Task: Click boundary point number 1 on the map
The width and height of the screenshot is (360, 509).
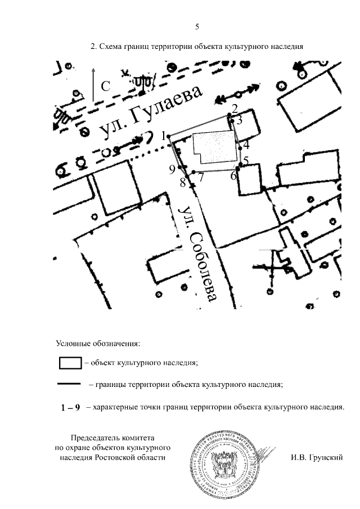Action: click(169, 136)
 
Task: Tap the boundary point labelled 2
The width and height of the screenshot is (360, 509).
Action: click(229, 115)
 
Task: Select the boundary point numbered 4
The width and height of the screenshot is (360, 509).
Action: click(240, 147)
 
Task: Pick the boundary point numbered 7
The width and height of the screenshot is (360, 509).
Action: click(193, 172)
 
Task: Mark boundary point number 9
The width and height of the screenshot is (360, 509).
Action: click(180, 168)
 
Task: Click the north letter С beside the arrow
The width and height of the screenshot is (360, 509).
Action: click(106, 86)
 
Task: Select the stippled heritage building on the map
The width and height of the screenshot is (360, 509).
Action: click(214, 150)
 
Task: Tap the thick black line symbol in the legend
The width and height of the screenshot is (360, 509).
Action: click(70, 385)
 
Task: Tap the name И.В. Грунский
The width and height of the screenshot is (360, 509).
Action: click(317, 458)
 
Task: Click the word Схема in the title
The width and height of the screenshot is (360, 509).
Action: click(112, 47)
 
